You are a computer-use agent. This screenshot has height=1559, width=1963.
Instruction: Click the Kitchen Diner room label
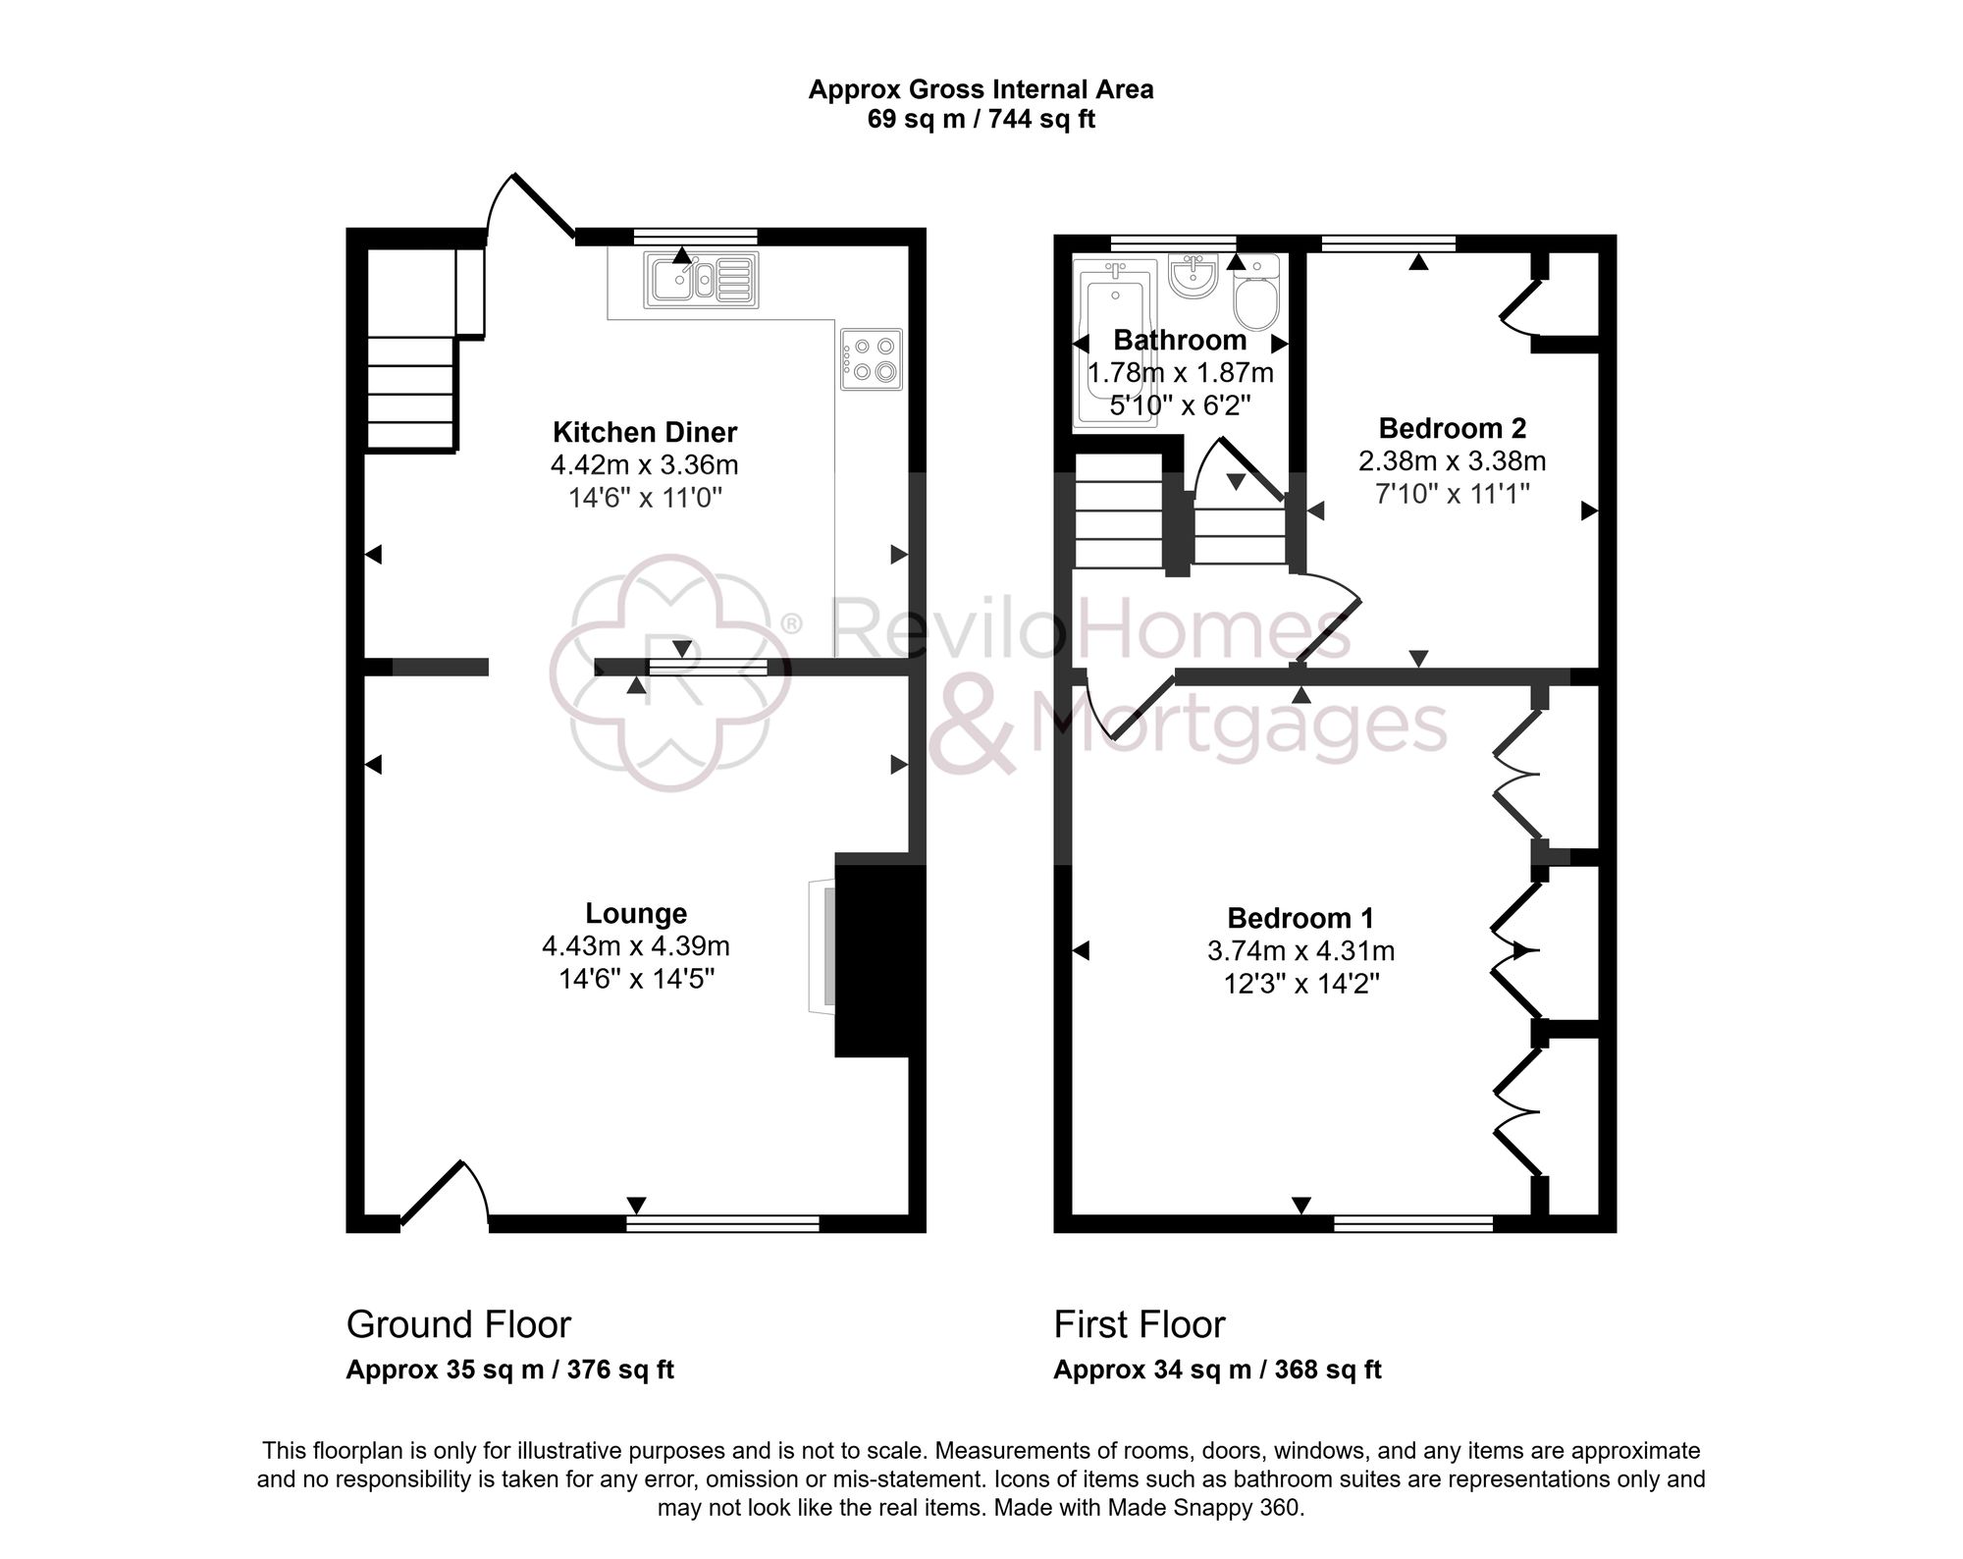(644, 432)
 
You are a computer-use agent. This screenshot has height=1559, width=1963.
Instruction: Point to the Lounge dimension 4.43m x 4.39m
(635, 946)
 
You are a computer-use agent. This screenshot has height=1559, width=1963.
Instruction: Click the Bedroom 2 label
(1452, 428)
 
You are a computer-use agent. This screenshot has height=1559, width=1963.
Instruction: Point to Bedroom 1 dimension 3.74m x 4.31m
(1300, 951)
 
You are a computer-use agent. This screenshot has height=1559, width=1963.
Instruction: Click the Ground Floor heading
(458, 1325)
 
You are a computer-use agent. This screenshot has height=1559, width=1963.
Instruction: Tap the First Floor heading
(1139, 1325)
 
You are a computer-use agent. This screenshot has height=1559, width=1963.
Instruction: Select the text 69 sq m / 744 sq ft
(981, 120)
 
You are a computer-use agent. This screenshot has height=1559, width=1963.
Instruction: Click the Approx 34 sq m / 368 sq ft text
(1217, 1371)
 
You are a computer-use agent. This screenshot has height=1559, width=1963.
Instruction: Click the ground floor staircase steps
(410, 393)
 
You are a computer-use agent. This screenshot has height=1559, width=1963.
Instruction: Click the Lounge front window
(722, 1222)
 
